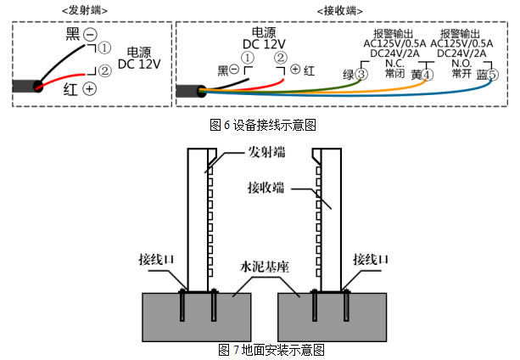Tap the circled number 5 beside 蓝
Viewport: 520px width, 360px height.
click(x=493, y=75)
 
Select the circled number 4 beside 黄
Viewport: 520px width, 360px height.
click(x=428, y=75)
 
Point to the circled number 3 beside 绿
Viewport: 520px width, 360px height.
click(x=361, y=75)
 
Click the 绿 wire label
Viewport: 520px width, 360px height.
click(x=348, y=75)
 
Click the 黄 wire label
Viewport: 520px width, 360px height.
click(x=415, y=75)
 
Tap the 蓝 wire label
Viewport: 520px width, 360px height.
click(x=481, y=75)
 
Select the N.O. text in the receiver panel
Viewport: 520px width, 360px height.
click(x=461, y=62)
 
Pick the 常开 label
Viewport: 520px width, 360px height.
click(x=461, y=74)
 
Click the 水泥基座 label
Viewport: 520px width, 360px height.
click(x=266, y=266)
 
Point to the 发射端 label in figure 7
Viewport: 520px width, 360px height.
click(x=266, y=153)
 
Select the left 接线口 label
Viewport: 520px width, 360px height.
click(x=156, y=258)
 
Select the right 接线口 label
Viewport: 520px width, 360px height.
click(x=371, y=258)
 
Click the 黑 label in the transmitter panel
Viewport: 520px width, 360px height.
click(x=72, y=34)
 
